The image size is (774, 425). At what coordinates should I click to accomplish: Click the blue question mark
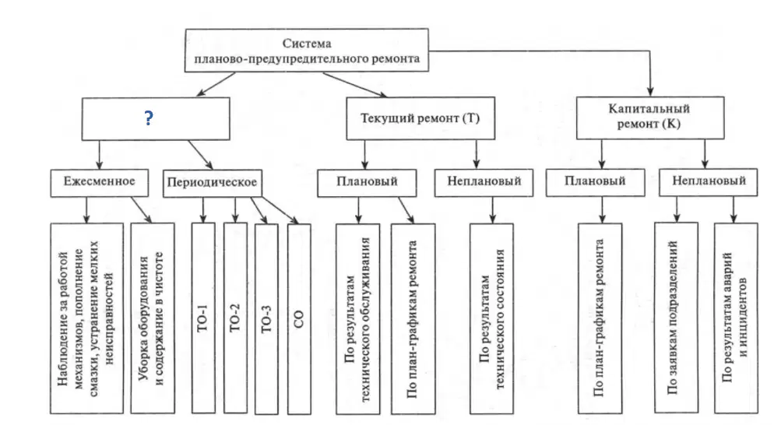pyautogui.click(x=149, y=118)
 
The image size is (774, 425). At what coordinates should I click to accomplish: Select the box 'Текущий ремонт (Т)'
pyautogui.click(x=420, y=118)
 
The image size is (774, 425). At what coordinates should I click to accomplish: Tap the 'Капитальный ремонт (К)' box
pyautogui.click(x=650, y=118)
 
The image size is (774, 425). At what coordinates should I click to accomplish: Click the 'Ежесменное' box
pyautogui.click(x=99, y=183)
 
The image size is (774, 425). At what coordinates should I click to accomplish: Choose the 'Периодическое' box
pyautogui.click(x=213, y=183)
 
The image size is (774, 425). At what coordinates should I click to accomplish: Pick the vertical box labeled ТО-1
pyautogui.click(x=203, y=318)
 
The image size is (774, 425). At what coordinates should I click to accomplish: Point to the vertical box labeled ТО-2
pyautogui.click(x=235, y=318)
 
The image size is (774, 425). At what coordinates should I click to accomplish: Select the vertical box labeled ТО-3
pyautogui.click(x=266, y=319)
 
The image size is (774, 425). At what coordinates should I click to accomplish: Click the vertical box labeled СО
pyautogui.click(x=299, y=319)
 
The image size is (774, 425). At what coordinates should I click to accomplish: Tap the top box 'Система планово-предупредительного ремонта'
pyautogui.click(x=307, y=51)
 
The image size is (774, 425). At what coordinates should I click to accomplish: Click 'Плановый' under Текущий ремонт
pyautogui.click(x=367, y=183)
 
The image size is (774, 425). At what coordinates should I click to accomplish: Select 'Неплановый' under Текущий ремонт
pyautogui.click(x=484, y=183)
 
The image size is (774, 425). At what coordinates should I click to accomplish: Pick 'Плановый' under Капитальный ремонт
pyautogui.click(x=596, y=182)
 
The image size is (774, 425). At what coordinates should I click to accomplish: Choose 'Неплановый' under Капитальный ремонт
pyautogui.click(x=709, y=182)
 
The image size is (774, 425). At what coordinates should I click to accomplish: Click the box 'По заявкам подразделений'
pyautogui.click(x=676, y=318)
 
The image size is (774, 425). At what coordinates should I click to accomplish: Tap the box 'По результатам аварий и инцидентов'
pyautogui.click(x=736, y=318)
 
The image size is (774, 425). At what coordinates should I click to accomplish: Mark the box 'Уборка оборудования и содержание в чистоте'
pyautogui.click(x=153, y=318)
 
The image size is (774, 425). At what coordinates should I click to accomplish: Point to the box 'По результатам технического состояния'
pyautogui.click(x=491, y=319)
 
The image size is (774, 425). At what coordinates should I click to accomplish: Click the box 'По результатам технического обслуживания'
pyautogui.click(x=358, y=319)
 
